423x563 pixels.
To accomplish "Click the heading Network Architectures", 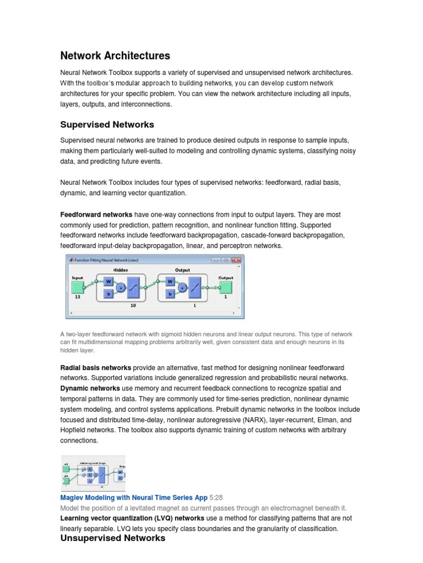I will pos(115,56).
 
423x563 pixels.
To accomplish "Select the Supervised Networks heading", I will pos(107,124).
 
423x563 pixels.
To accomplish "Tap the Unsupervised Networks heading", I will pos(112,538).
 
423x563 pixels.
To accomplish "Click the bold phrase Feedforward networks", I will pos(96,214).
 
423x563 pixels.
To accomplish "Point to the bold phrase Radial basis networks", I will pos(95,367).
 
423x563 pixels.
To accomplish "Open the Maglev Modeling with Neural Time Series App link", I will pos(133,498).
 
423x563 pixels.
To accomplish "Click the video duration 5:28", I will pos(216,498).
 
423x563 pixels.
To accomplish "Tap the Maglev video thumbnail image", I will pos(93,473).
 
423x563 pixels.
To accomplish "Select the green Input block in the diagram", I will pos(78,286).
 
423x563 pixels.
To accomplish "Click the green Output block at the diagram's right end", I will pos(225,286).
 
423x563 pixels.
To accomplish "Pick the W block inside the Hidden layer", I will pos(108,281).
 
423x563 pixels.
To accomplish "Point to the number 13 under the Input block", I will pos(78,296).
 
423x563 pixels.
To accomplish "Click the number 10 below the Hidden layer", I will pos(133,305).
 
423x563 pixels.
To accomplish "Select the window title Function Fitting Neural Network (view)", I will pos(105,260).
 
